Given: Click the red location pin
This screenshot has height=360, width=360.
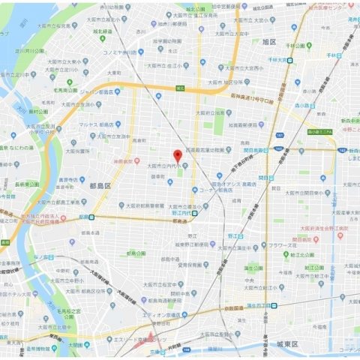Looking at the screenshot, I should pos(177,155).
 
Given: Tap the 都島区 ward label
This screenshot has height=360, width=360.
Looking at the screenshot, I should pos(99,184).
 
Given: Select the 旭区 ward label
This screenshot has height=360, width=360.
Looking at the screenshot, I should pos(270,42).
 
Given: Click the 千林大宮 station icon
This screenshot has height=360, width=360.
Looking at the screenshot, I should pos(289,59).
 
